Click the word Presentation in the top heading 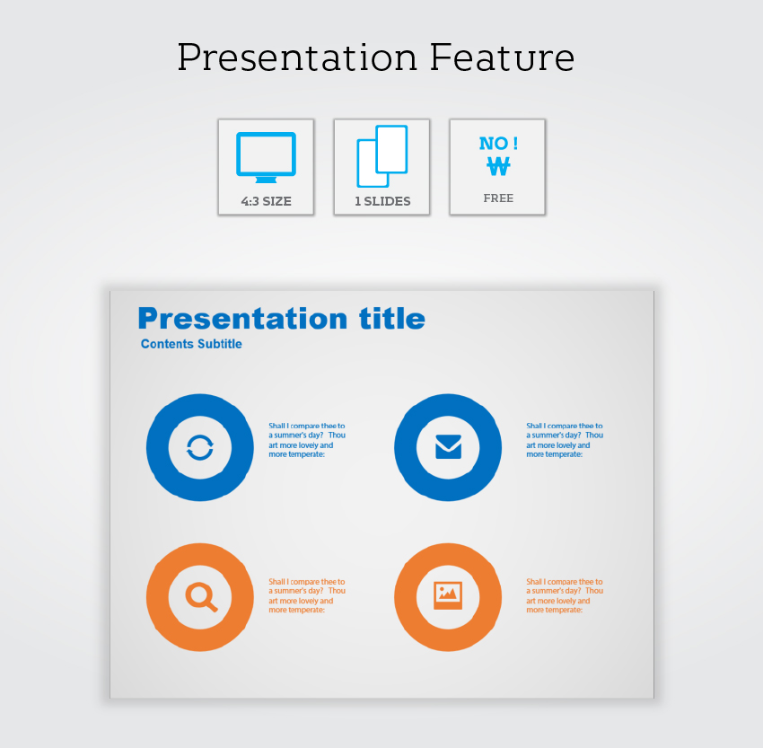297,57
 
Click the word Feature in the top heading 502,57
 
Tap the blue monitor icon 267,157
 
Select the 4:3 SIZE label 267,201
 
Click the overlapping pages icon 382,156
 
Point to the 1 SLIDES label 382,201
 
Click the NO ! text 498,143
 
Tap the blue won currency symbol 498,166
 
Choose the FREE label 498,198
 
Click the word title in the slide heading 392,319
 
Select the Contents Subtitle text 191,344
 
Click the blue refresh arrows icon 200,447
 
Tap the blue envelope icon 448,447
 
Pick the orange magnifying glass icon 201,596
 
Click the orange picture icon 448,595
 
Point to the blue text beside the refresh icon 307,440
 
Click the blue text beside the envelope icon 565,440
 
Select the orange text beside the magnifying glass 307,595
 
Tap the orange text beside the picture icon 565,595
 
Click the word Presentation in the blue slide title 243,319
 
